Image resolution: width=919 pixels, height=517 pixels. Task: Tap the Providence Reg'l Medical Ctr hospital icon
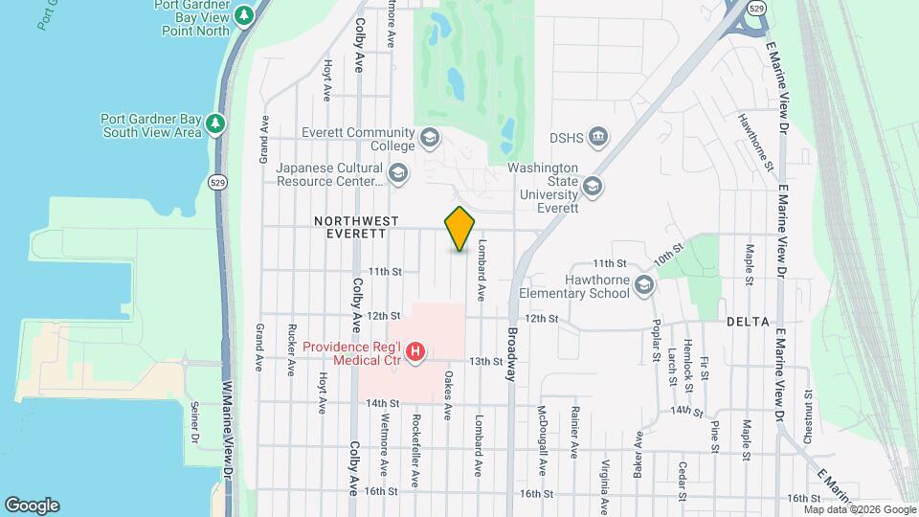coord(415,353)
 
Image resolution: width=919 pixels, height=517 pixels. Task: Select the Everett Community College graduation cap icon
coord(429,139)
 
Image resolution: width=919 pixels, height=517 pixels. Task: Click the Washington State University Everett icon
coord(593,187)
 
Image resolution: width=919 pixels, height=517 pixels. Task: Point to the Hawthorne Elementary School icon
coord(645,285)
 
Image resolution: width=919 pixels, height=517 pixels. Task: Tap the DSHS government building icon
coord(599,138)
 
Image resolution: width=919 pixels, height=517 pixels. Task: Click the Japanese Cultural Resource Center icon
coord(398,173)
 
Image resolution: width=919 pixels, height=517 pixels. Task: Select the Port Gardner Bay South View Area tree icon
coord(216,124)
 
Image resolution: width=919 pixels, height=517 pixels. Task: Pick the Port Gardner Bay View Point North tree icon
coord(245,15)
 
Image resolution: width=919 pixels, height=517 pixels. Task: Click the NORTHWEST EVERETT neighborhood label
coord(356,227)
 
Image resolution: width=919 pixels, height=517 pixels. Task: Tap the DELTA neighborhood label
coord(748,323)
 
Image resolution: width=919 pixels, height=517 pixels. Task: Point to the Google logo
coord(32,505)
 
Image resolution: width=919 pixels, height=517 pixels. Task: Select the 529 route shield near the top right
coord(756,8)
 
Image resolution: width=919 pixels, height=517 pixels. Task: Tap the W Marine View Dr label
coord(228,431)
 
